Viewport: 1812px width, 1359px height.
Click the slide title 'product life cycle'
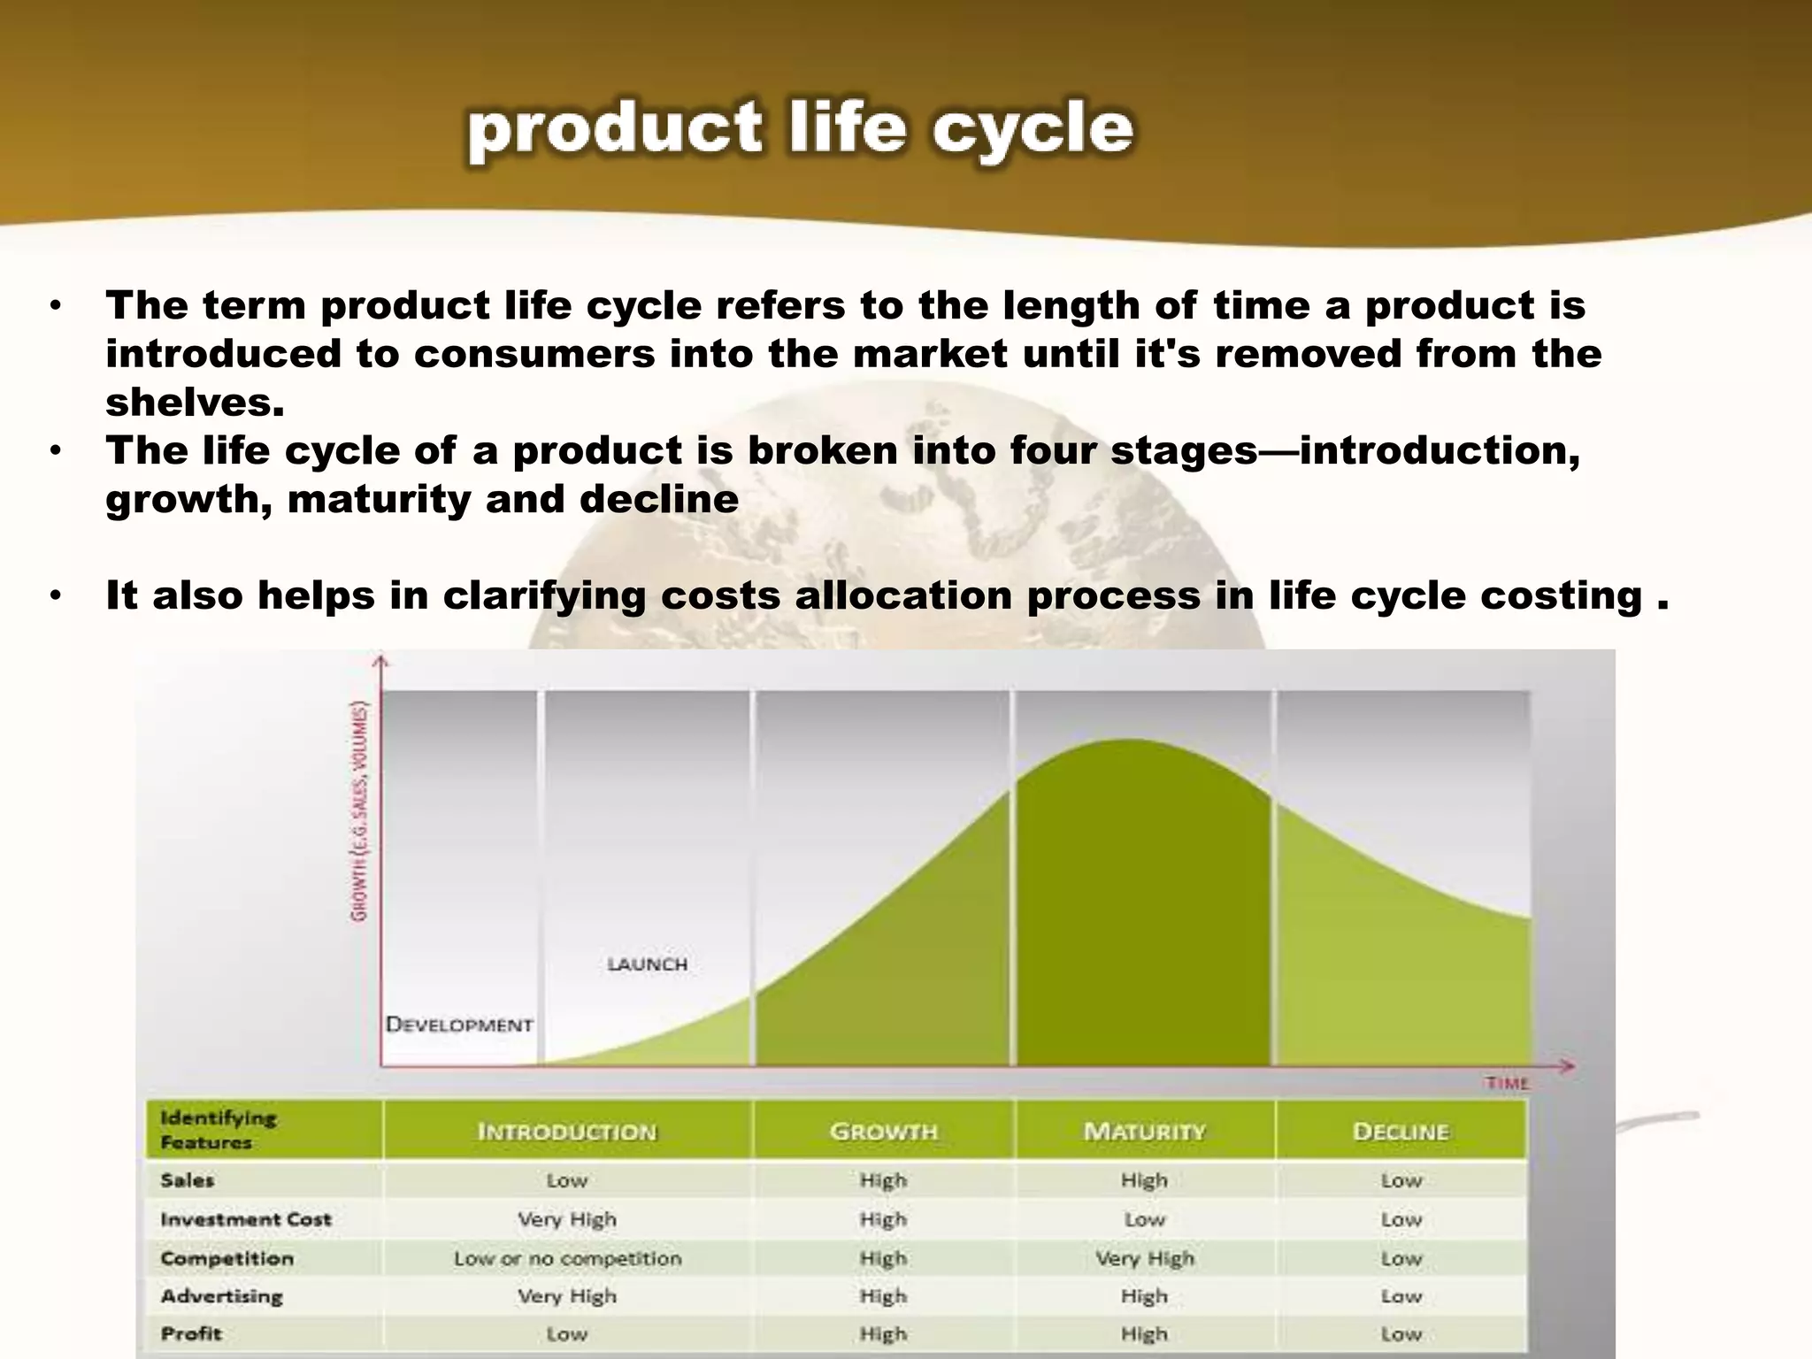[801, 130]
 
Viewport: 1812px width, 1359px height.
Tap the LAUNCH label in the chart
[648, 964]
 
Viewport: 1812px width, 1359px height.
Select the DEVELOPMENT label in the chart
[459, 1025]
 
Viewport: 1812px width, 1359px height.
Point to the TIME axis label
[1508, 1083]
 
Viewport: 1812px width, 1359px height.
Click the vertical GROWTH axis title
[360, 810]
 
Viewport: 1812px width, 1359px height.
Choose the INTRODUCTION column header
[567, 1132]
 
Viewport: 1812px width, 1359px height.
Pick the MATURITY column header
[1144, 1132]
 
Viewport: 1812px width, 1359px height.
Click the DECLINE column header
[1401, 1132]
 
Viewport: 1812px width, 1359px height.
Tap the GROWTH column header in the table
[883, 1132]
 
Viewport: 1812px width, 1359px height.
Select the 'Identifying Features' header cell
[218, 1130]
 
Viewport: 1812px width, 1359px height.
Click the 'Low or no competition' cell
[567, 1258]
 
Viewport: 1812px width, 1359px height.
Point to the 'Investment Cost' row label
[246, 1219]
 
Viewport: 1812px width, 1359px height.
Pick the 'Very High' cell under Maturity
[1144, 1258]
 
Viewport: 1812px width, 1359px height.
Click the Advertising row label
[222, 1296]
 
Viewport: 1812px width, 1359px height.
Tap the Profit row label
[191, 1333]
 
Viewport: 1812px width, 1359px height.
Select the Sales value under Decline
[1401, 1180]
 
